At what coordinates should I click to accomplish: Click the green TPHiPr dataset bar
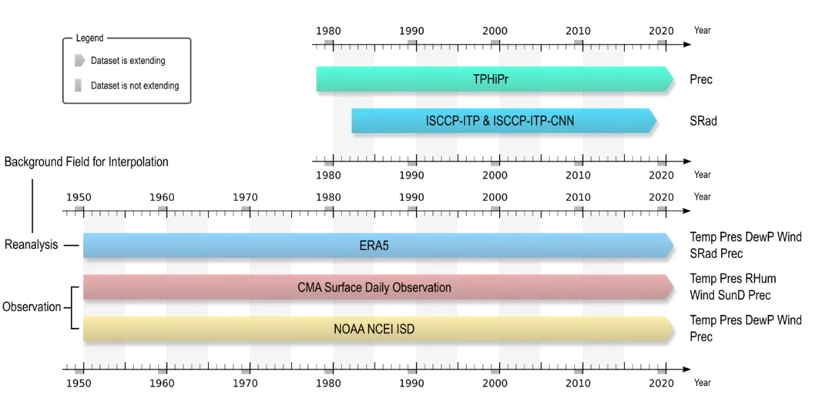(x=495, y=79)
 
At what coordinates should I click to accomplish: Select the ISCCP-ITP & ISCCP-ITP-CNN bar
(x=504, y=121)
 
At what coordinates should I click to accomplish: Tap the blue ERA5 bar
(x=378, y=246)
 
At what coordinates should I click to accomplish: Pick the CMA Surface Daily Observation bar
(x=378, y=287)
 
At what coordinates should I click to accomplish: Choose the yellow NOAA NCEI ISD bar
(x=378, y=329)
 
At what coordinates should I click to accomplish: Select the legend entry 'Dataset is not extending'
(x=127, y=86)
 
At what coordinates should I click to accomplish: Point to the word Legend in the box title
(x=89, y=39)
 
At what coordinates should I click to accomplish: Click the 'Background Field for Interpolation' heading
(x=86, y=162)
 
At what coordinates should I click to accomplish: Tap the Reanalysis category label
(x=32, y=245)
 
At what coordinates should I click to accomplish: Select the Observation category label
(x=32, y=307)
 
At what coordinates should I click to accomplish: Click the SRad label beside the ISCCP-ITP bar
(x=703, y=121)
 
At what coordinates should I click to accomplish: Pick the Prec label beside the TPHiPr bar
(x=701, y=79)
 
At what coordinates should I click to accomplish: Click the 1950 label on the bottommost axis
(x=79, y=383)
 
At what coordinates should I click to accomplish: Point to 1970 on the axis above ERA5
(x=245, y=197)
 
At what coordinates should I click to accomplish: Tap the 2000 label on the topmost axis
(x=495, y=31)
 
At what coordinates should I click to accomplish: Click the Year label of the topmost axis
(x=702, y=31)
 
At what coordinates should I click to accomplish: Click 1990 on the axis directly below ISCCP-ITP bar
(x=411, y=175)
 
